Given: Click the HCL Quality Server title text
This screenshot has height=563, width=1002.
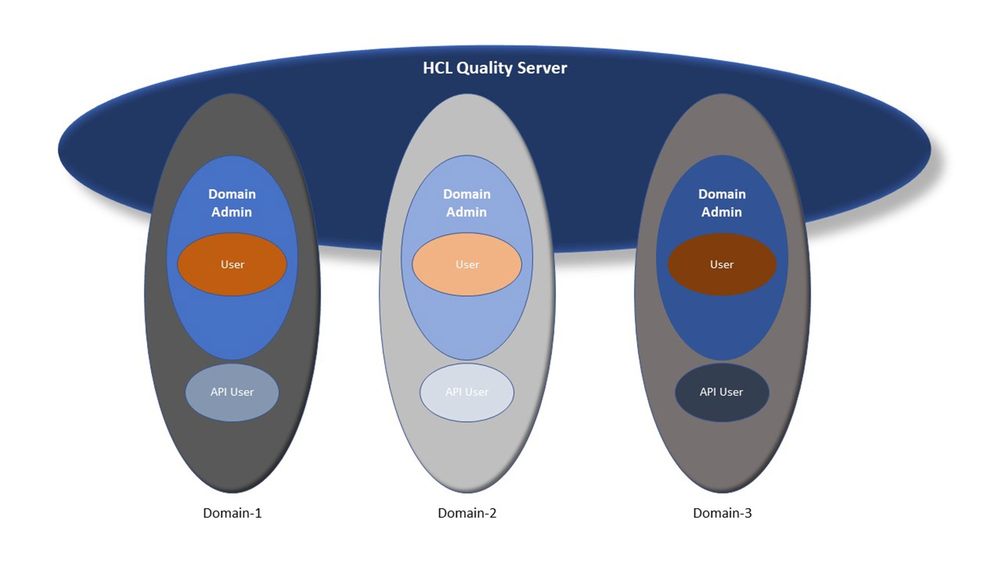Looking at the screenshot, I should pyautogui.click(x=494, y=68).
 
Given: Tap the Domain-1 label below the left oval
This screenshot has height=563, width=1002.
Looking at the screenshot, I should pyautogui.click(x=232, y=513).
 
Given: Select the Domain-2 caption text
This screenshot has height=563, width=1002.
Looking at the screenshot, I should pyautogui.click(x=467, y=513).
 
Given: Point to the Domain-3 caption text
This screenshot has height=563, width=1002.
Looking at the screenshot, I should pyautogui.click(x=722, y=513).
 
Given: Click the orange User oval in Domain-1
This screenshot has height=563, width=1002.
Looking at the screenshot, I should pyautogui.click(x=232, y=264).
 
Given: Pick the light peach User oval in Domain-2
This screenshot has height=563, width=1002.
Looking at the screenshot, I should pyautogui.click(x=467, y=264).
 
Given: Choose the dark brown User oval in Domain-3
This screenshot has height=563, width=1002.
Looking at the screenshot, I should pyautogui.click(x=721, y=264).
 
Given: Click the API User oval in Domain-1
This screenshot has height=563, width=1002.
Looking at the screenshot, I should pyautogui.click(x=232, y=392).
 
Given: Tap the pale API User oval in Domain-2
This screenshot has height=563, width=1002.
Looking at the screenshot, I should pyautogui.click(x=467, y=392).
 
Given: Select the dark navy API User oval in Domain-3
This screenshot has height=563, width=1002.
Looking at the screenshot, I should pyautogui.click(x=721, y=392).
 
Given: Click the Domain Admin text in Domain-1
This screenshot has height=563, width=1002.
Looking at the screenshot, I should pyautogui.click(x=232, y=203).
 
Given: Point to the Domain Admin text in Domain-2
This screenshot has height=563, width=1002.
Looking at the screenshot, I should pyautogui.click(x=467, y=203).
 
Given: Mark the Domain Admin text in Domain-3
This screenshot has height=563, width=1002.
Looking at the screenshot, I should pyautogui.click(x=721, y=203).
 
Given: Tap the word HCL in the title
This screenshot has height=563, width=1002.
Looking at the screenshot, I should pyautogui.click(x=437, y=68).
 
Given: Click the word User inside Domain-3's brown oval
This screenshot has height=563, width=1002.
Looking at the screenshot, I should pyautogui.click(x=721, y=264).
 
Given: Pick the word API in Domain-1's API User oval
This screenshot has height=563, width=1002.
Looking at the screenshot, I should pyautogui.click(x=218, y=392).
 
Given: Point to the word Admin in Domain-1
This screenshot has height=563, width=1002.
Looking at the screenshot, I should pyautogui.click(x=231, y=212).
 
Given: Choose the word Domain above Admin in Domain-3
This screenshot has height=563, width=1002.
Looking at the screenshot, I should pyautogui.click(x=722, y=194).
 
